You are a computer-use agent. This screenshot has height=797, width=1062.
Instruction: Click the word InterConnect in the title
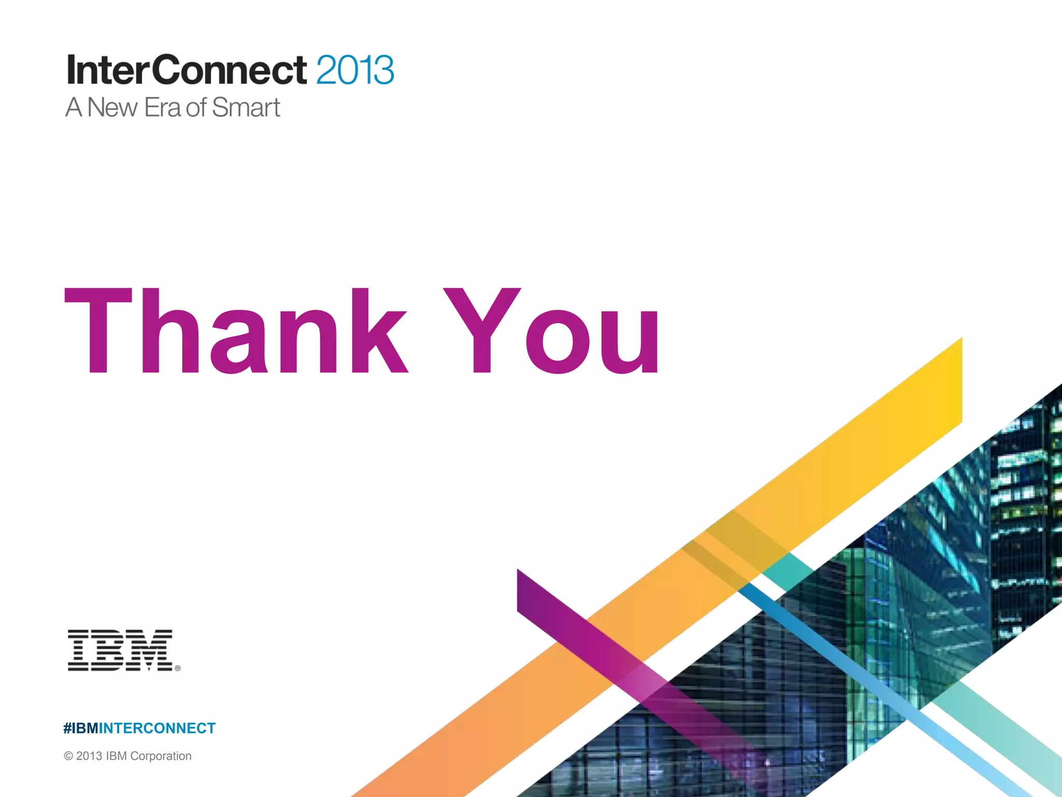tap(187, 70)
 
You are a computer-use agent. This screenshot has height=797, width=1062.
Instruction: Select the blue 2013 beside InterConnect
tap(355, 70)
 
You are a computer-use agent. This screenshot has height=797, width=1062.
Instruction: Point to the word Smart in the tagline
tap(246, 108)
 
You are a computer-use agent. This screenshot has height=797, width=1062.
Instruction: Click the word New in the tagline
tap(112, 108)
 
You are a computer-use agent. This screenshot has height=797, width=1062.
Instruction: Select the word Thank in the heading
tap(236, 331)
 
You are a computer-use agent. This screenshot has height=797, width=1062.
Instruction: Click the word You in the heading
tap(552, 331)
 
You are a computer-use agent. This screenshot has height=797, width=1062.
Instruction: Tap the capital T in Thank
tap(99, 331)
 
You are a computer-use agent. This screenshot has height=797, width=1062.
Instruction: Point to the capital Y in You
tap(482, 331)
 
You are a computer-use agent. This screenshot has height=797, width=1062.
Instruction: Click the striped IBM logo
tap(120, 650)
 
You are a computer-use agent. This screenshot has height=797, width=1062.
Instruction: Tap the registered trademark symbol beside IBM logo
tap(178, 668)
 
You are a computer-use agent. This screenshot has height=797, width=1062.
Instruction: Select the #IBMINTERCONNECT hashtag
tap(139, 729)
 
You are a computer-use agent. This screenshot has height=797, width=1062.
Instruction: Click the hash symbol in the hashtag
tap(67, 729)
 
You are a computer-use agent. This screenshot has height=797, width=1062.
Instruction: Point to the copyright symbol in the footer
tap(68, 756)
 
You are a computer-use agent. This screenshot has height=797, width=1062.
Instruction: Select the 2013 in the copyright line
tap(89, 756)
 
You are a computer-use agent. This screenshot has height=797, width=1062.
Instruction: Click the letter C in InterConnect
tap(169, 70)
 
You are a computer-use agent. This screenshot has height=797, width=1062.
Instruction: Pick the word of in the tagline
tap(197, 108)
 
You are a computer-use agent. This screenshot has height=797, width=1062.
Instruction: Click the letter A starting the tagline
tap(74, 108)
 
